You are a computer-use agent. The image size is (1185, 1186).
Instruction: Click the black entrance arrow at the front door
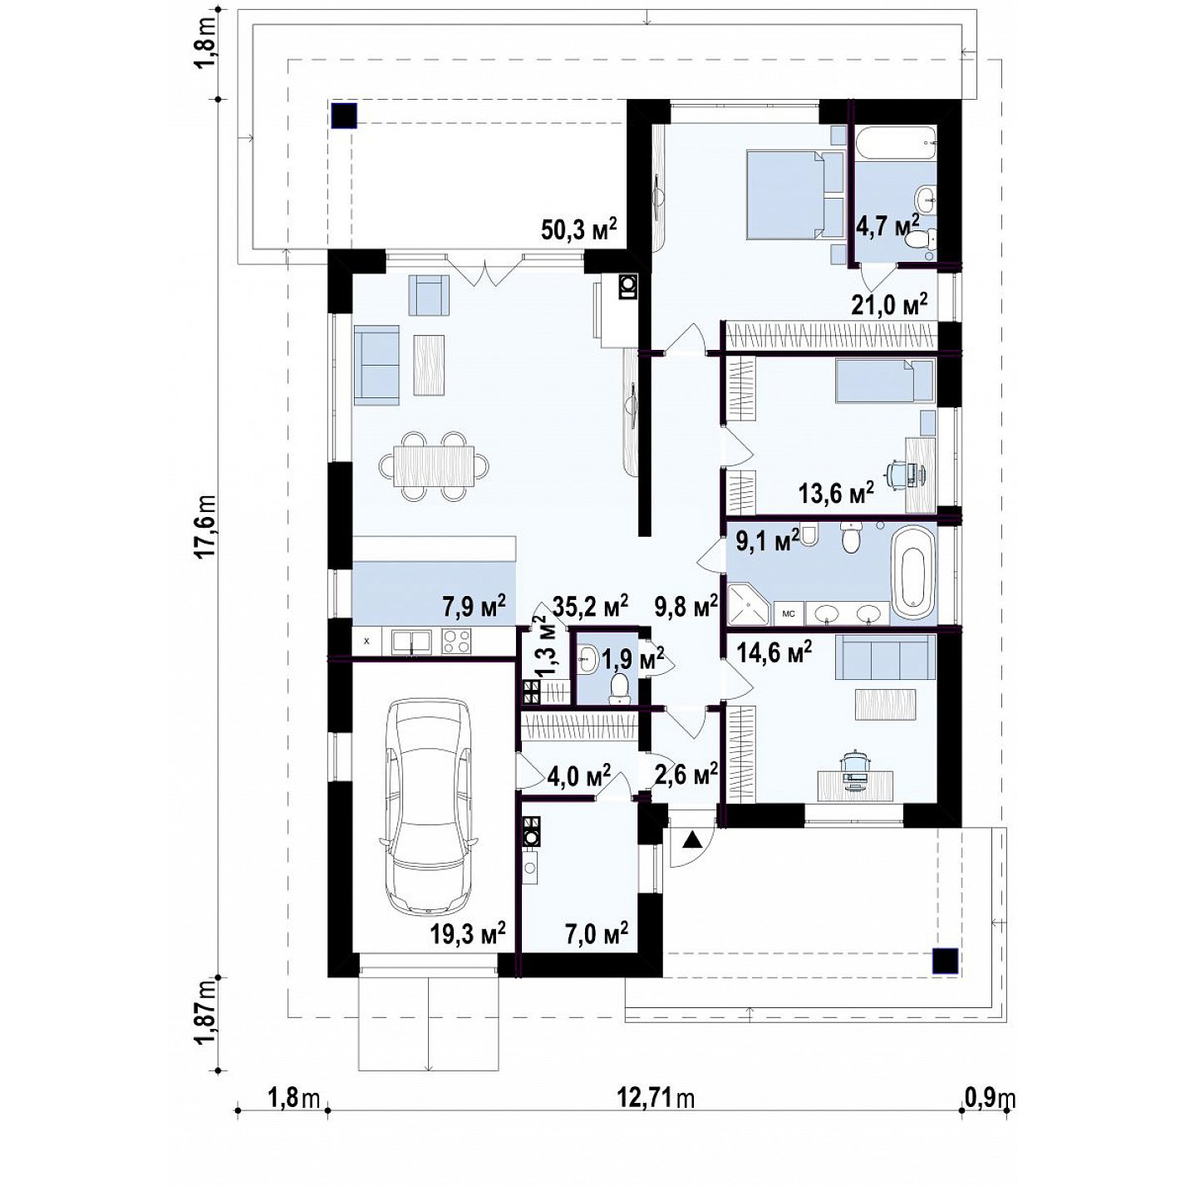pyautogui.click(x=692, y=839)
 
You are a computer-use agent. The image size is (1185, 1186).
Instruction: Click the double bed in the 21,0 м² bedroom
pyautogui.click(x=785, y=194)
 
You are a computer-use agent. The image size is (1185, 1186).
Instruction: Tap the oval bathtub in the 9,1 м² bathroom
pyautogui.click(x=913, y=573)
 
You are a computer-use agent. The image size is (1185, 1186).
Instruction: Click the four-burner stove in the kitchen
pyautogui.click(x=456, y=642)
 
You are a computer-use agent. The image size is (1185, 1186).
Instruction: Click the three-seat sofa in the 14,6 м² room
pyautogui.click(x=884, y=657)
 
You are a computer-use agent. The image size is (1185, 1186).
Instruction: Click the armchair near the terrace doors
pyautogui.click(x=429, y=295)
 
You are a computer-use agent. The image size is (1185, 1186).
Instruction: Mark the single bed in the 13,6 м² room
pyautogui.click(x=884, y=381)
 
